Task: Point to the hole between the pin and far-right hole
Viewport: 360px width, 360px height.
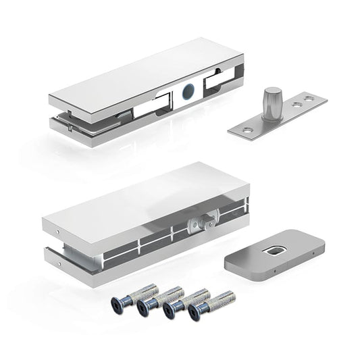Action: (x=296, y=105)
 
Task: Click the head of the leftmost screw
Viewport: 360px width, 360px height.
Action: (x=122, y=303)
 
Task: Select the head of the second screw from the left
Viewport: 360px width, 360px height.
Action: (x=144, y=306)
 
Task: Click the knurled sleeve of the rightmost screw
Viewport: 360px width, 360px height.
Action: (x=220, y=299)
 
